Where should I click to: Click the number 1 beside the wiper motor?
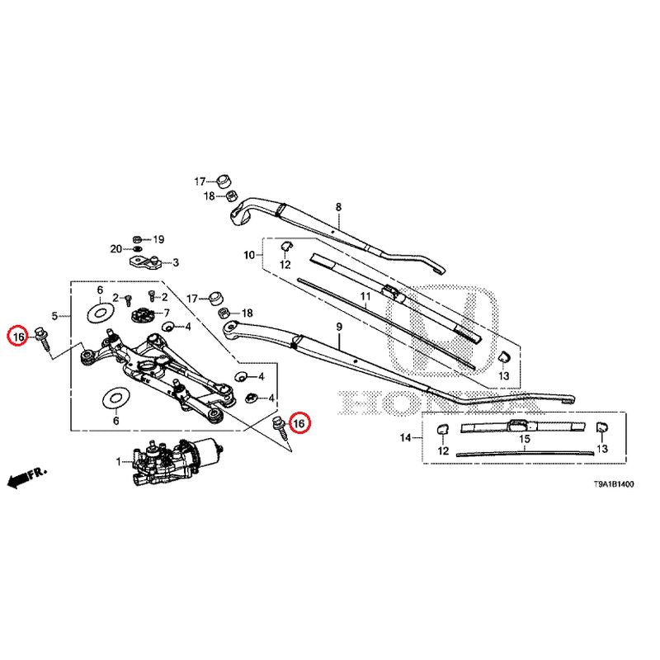coord(118,461)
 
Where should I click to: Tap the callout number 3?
coord(175,263)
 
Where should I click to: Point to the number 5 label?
coord(54,316)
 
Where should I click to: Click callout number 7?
coord(166,313)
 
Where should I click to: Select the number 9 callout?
coord(337,328)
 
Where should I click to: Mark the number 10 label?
coord(248,256)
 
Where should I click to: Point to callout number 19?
coord(158,239)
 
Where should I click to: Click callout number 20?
coord(116,248)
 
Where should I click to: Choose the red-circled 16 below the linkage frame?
coord(299,422)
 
